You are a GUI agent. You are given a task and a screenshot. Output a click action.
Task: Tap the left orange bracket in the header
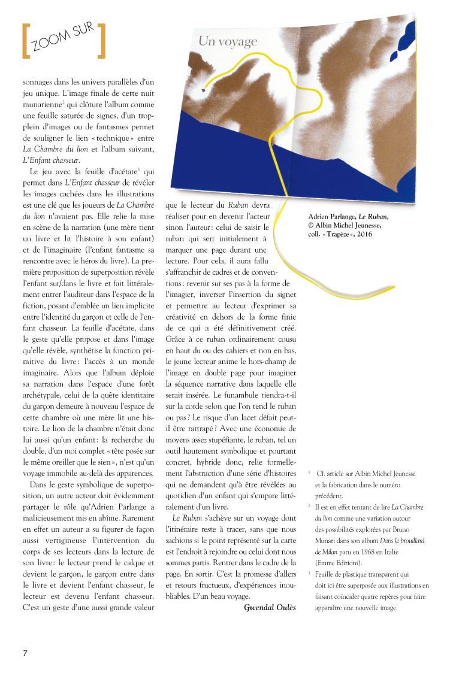tap(26, 41)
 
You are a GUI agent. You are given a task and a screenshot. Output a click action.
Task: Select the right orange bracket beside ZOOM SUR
tap(102, 41)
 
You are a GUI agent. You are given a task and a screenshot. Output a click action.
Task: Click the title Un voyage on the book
tap(228, 41)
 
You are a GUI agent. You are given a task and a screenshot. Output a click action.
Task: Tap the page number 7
tap(25, 652)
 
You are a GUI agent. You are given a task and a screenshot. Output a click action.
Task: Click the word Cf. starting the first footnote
tap(319, 474)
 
